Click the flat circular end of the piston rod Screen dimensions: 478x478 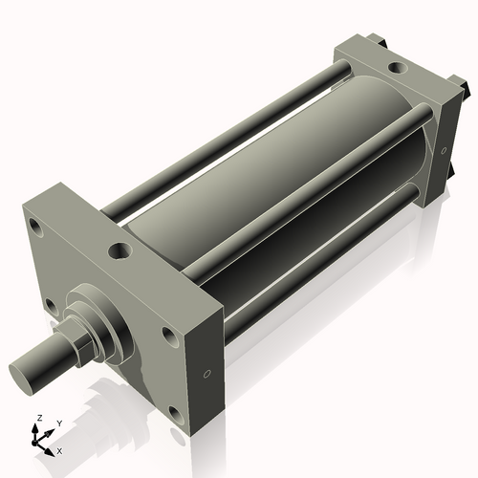click(27, 368)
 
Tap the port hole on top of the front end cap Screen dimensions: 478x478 click(119, 250)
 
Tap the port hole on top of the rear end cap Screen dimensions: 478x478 click(394, 69)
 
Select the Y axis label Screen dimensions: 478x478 click(58, 423)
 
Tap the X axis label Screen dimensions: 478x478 click(59, 449)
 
